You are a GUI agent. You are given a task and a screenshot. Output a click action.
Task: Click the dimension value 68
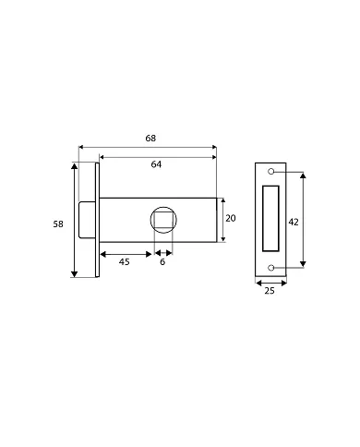pos(150,139)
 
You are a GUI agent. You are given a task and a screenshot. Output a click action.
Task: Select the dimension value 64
pos(156,164)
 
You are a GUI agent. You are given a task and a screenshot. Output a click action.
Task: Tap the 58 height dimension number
pos(58,224)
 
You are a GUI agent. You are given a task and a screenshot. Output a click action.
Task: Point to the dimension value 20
pos(231,218)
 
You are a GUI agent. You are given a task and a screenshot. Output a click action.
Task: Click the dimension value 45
pos(125,262)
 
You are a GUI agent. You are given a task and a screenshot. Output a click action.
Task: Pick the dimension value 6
pos(162,262)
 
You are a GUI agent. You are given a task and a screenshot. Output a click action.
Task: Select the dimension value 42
pos(294,222)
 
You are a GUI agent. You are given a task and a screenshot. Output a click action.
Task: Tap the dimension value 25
pos(270,291)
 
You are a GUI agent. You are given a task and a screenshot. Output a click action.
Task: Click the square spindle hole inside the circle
pos(163,220)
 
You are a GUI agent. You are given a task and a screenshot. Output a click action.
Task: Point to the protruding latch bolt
pos(87,220)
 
